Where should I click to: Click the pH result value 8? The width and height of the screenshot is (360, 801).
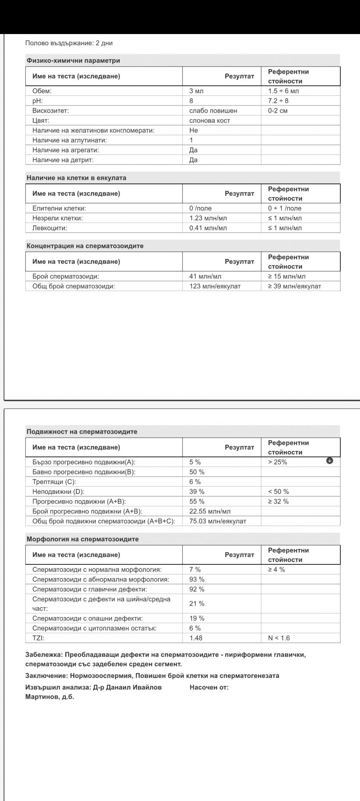pyautogui.click(x=192, y=101)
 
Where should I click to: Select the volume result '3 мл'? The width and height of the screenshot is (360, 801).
pyautogui.click(x=196, y=91)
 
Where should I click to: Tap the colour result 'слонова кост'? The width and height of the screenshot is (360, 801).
pyautogui.click(x=210, y=120)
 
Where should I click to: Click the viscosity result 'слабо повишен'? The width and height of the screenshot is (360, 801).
pyautogui.click(x=213, y=111)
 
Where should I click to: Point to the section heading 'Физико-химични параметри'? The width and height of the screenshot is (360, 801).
pyautogui.click(x=73, y=61)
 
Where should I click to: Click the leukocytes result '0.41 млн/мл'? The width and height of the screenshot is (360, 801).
pyautogui.click(x=208, y=228)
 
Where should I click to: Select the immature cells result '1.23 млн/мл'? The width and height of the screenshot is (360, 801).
pyautogui.click(x=208, y=218)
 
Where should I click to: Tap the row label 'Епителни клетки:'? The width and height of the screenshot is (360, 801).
pyautogui.click(x=59, y=208)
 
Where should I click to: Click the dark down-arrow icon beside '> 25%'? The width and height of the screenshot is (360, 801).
pyautogui.click(x=330, y=461)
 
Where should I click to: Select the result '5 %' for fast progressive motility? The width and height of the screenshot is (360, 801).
pyautogui.click(x=195, y=462)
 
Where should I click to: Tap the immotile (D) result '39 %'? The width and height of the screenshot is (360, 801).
pyautogui.click(x=197, y=492)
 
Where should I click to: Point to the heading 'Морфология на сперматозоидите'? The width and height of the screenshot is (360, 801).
pyautogui.click(x=82, y=539)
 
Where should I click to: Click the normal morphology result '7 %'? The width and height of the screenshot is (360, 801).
pyautogui.click(x=195, y=569)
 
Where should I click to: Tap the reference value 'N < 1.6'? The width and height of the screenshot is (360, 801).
pyautogui.click(x=279, y=638)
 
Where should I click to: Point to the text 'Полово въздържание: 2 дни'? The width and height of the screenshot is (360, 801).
pyautogui.click(x=69, y=43)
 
